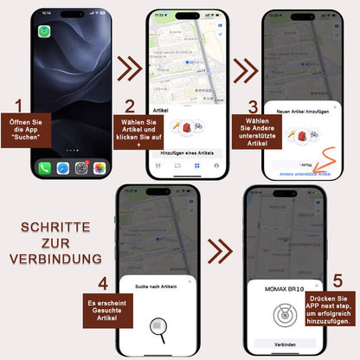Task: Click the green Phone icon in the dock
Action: click(x=44, y=166)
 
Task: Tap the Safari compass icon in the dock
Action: click(x=62, y=166)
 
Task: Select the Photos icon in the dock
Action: click(x=100, y=166)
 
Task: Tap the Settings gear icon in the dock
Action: click(x=81, y=166)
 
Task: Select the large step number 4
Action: click(x=102, y=281)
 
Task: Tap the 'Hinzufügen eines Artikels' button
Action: click(x=188, y=152)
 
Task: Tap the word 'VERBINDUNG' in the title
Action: click(x=57, y=259)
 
